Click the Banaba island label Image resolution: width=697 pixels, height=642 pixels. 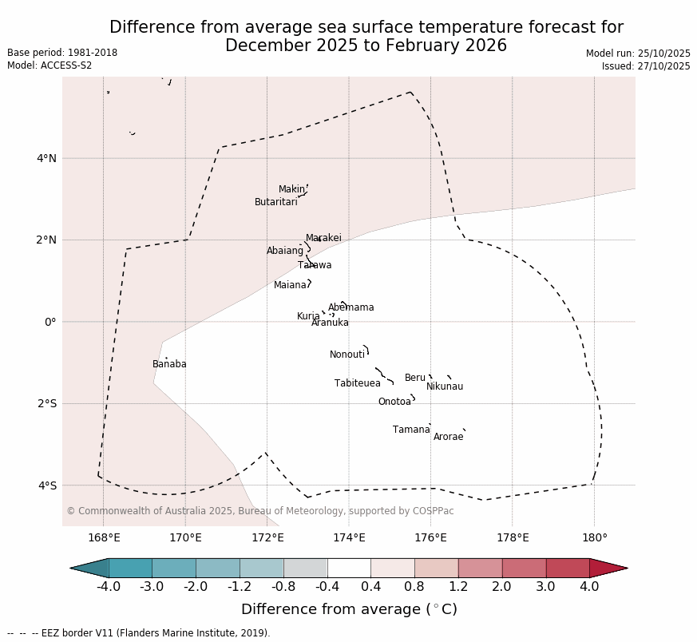[169, 365]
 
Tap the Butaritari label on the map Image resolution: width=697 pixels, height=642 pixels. [275, 203]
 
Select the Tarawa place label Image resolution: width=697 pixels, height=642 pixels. [315, 266]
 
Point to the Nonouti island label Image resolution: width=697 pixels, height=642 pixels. [347, 355]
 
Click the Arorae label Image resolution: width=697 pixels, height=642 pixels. [448, 438]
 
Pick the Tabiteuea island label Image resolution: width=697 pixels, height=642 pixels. [357, 384]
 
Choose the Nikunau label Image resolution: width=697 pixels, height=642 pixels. [445, 387]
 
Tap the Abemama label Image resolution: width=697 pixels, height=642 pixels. [350, 308]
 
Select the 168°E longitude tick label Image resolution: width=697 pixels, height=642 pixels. [104, 538]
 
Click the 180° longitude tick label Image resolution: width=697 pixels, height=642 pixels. [594, 538]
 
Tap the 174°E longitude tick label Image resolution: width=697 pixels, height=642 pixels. [349, 538]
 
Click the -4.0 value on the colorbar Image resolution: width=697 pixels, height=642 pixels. [109, 587]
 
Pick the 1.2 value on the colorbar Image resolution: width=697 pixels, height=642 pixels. [458, 587]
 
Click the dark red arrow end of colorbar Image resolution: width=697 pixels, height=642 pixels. [609, 569]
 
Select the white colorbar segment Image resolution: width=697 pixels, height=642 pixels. [349, 569]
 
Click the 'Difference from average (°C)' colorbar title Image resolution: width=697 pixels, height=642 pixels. [349, 610]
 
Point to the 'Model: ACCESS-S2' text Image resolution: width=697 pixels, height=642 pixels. [50, 65]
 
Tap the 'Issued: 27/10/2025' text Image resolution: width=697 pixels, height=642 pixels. [646, 66]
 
